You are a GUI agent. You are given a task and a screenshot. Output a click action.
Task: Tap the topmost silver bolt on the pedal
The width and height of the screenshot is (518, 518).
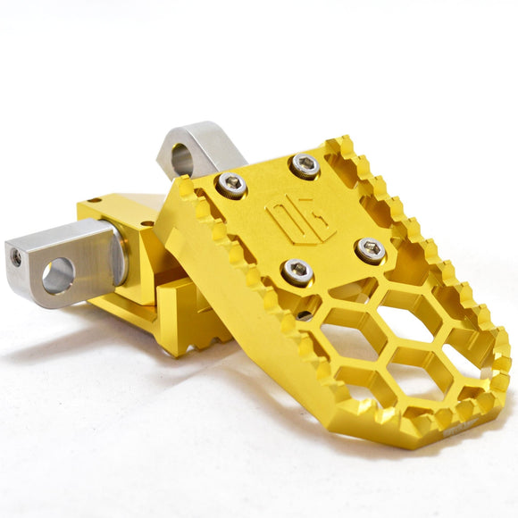[x=305, y=166]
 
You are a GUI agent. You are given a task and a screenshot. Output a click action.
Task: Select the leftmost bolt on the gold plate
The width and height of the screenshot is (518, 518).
[x=232, y=185]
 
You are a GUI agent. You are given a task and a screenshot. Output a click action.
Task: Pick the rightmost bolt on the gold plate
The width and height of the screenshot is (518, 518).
[x=369, y=250]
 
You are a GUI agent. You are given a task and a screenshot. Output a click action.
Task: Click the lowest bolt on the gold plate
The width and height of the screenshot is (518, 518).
[x=297, y=272]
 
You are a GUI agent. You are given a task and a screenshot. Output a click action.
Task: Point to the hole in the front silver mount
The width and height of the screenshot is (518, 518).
[x=59, y=275]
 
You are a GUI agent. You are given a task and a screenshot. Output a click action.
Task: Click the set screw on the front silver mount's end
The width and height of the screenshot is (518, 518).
[x=16, y=257]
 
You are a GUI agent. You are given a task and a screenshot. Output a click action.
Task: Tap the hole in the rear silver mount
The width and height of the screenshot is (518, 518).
[x=181, y=160]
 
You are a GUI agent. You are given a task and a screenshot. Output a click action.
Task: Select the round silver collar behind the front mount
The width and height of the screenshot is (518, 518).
[x=117, y=255]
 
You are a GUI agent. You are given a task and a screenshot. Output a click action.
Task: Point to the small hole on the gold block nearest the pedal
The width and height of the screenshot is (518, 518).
[x=147, y=223]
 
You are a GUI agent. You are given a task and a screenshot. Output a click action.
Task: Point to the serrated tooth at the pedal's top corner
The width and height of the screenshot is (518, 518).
[x=339, y=143]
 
